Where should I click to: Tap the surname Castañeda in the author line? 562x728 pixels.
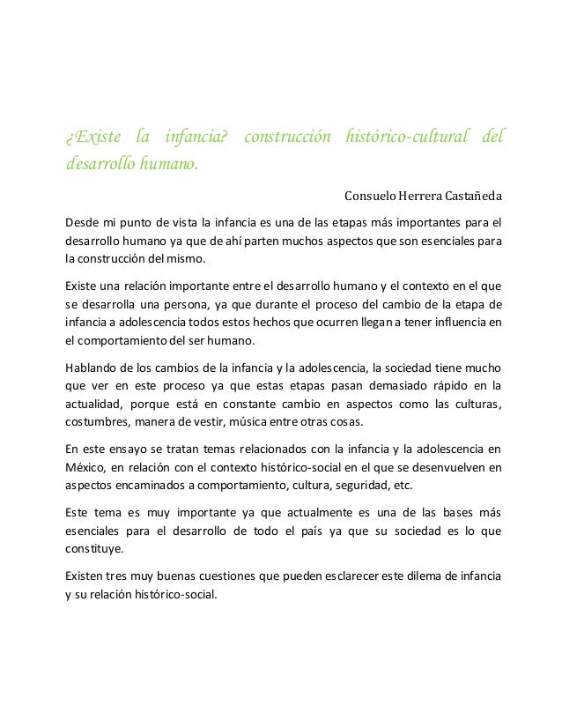tap(470, 195)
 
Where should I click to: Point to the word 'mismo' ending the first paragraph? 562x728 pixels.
tap(184, 259)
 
